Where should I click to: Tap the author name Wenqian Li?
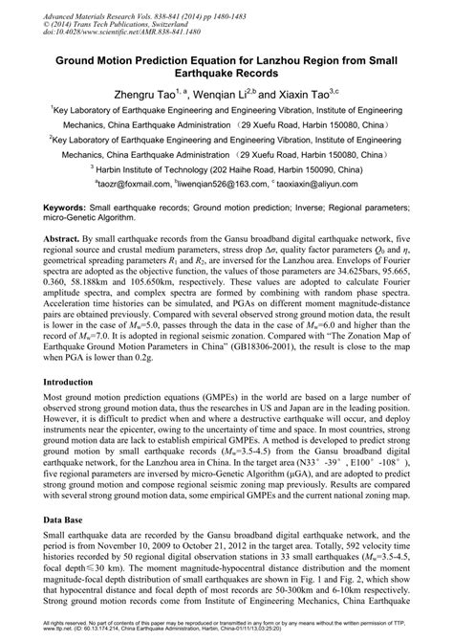click(x=230, y=95)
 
